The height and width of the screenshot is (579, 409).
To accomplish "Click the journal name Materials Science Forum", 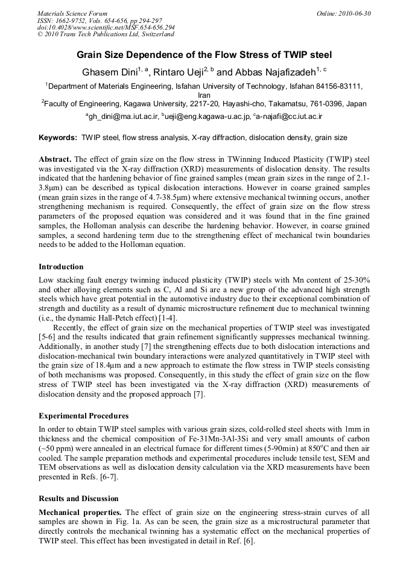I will tap(72, 13).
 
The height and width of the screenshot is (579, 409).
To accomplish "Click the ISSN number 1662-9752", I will tap(74, 19).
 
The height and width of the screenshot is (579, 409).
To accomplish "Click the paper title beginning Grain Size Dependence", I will tap(204, 55).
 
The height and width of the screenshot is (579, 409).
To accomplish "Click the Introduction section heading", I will tap(61, 266).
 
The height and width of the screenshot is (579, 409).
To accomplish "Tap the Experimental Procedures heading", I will tap(83, 416).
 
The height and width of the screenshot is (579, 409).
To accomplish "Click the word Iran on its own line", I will tap(204, 95).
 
